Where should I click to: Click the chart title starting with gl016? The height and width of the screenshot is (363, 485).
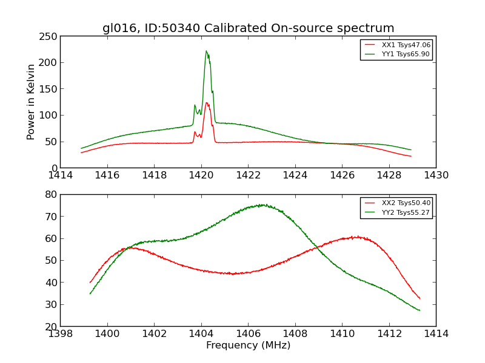click(248, 28)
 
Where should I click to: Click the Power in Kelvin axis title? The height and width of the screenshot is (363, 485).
click(31, 102)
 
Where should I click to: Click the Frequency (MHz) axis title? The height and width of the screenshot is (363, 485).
click(248, 345)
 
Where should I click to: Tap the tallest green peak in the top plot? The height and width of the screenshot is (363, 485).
click(206, 51)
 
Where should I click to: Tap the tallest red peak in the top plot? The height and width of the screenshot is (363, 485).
click(206, 103)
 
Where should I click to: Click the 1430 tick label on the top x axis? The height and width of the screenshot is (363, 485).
click(436, 175)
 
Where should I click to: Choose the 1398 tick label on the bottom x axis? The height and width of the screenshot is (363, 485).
click(61, 333)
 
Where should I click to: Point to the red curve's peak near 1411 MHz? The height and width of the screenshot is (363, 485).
click(358, 237)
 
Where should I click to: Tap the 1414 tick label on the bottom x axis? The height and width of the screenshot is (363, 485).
click(436, 333)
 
